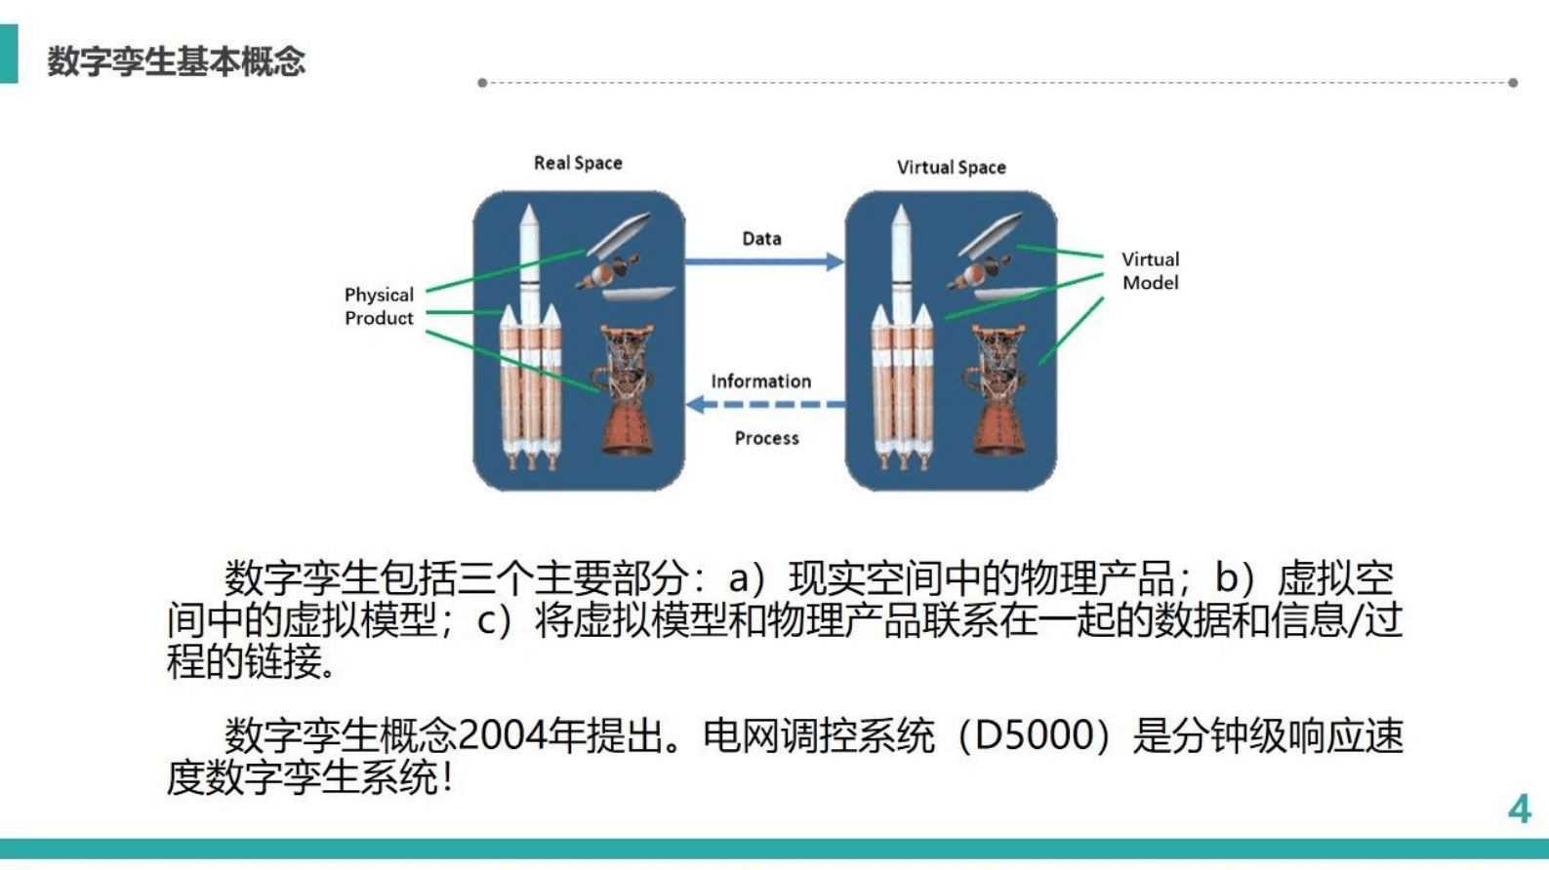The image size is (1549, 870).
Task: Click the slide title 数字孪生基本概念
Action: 176,61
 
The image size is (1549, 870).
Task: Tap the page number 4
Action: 1519,809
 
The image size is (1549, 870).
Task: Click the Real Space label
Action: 577,163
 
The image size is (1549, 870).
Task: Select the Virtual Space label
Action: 951,167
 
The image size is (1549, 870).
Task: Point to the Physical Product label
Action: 379,306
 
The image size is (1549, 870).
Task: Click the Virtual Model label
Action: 1150,271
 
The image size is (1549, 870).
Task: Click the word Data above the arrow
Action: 761,239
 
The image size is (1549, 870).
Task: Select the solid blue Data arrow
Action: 762,261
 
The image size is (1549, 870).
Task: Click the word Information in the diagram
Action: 760,381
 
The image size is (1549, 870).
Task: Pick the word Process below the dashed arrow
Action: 766,439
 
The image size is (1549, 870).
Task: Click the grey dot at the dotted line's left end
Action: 482,83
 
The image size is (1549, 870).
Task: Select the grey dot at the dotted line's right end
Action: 1513,83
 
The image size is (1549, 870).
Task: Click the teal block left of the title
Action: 8,54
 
